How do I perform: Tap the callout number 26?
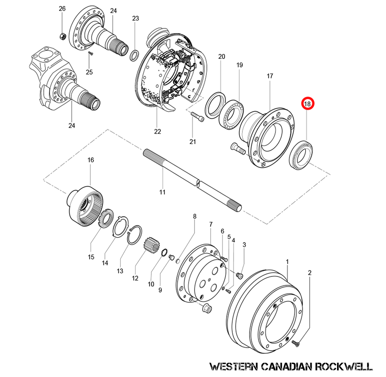(x=62, y=8)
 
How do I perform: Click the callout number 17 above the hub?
(x=270, y=76)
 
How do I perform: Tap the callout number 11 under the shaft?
(x=162, y=192)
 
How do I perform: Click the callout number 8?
(x=195, y=216)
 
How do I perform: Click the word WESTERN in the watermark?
(x=233, y=366)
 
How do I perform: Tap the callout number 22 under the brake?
(x=158, y=131)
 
